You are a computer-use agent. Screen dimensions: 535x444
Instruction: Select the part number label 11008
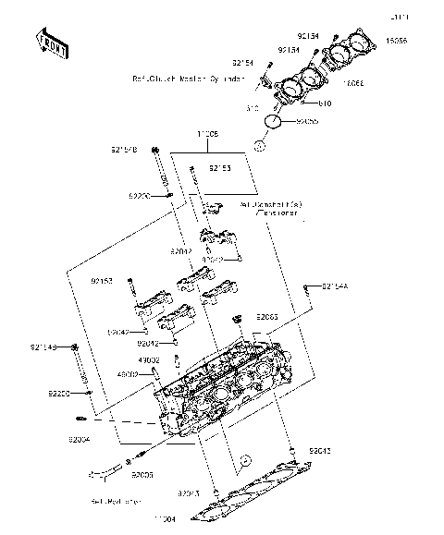(x=207, y=135)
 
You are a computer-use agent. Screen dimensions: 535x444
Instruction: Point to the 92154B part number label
(x=125, y=149)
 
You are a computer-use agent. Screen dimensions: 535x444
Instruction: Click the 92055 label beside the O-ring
(x=308, y=121)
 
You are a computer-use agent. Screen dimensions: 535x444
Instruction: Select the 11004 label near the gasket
(x=165, y=521)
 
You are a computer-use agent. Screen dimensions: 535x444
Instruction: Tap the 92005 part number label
(x=142, y=474)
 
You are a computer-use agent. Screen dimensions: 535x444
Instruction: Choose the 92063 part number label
(x=268, y=316)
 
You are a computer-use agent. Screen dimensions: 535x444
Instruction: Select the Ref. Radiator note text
(x=116, y=502)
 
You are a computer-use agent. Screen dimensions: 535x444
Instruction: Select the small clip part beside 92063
(x=239, y=320)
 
